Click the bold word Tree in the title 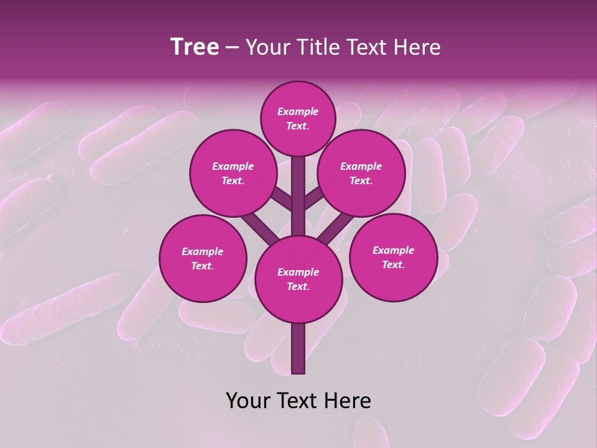tap(195, 47)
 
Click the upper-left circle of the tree tap(233, 173)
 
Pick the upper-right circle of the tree tap(361, 173)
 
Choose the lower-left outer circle tap(203, 258)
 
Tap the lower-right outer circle tap(393, 257)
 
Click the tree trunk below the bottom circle tap(298, 348)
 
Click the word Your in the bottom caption tap(248, 401)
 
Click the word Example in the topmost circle tap(298, 111)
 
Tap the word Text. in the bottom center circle tap(298, 286)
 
